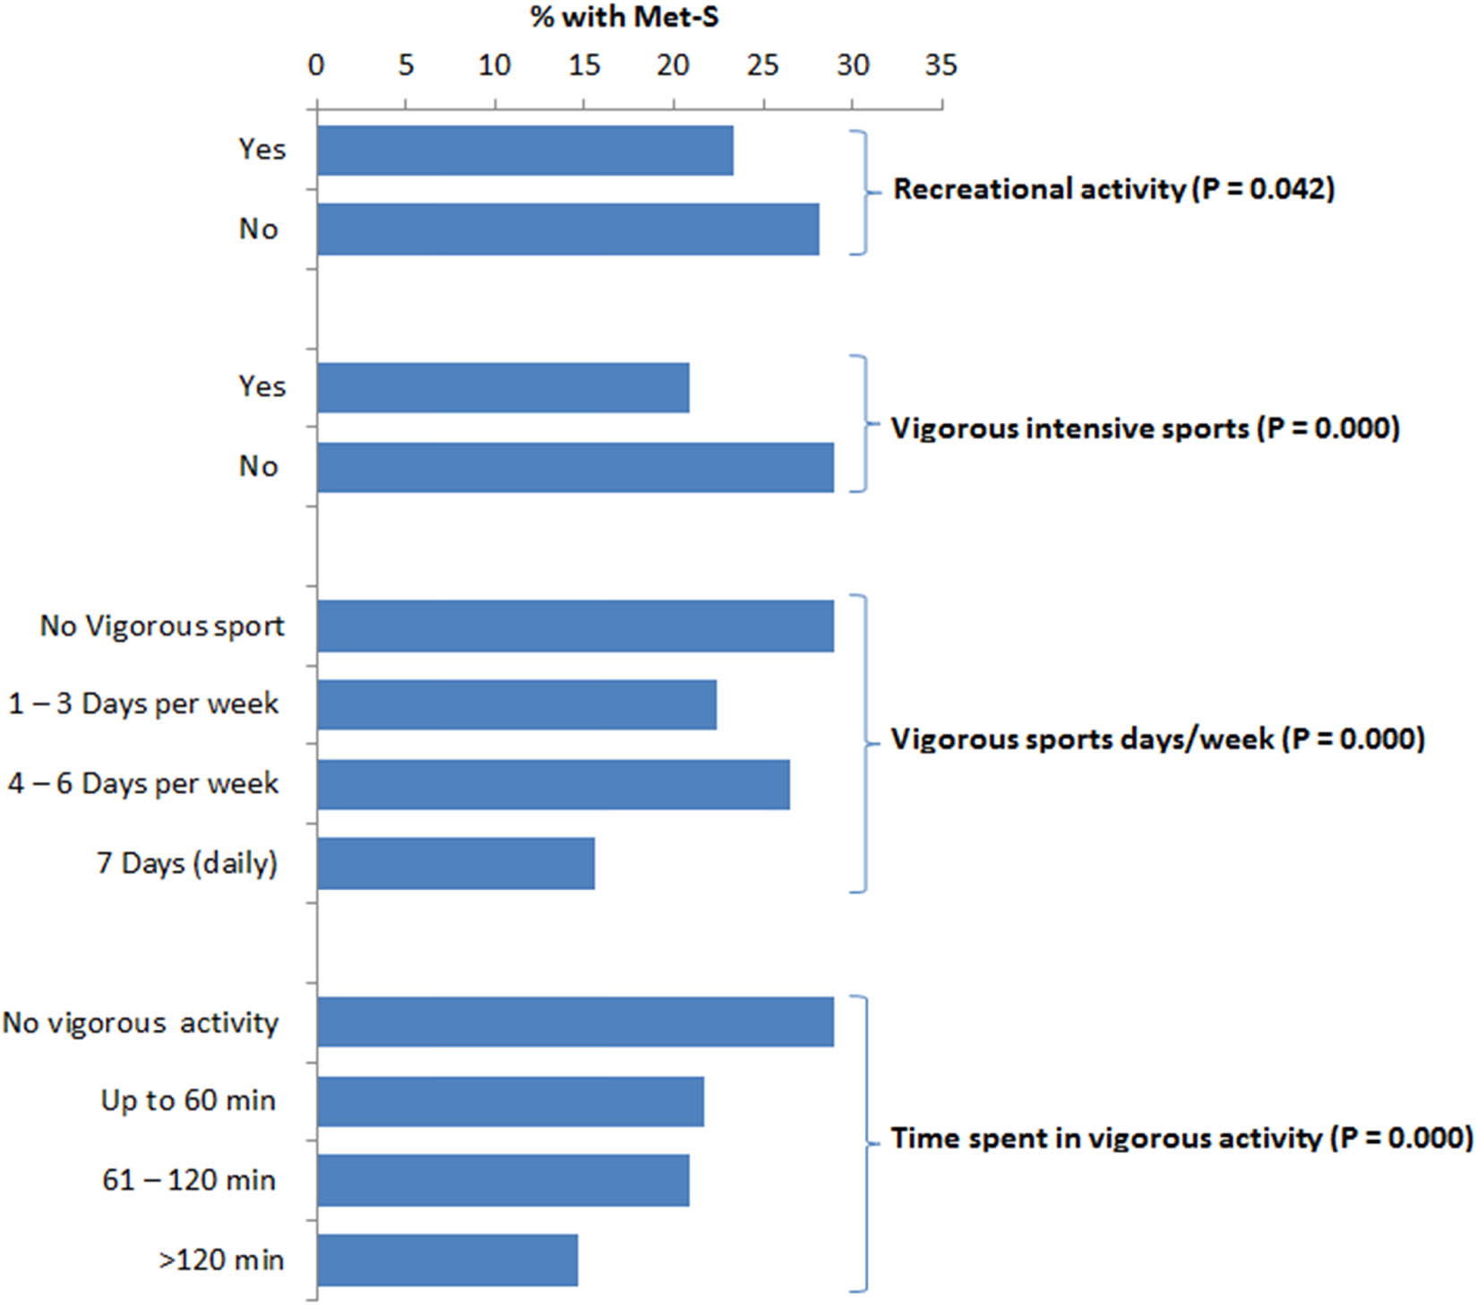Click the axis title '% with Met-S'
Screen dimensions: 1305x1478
tap(624, 17)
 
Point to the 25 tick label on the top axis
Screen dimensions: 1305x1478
tap(763, 65)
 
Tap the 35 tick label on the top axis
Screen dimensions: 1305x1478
tap(941, 65)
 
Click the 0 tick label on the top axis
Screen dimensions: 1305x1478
tap(315, 65)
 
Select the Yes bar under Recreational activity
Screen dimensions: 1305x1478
tap(525, 151)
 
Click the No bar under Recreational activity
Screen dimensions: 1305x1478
tap(568, 229)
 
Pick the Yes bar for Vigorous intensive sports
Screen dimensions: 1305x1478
tap(503, 388)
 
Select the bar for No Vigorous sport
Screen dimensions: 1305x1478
tap(575, 627)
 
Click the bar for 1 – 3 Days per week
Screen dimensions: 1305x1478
tap(516, 704)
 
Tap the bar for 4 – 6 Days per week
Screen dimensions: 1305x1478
tap(553, 784)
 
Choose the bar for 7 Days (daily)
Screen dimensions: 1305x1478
tap(455, 863)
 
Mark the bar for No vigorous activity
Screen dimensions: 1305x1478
tap(575, 1022)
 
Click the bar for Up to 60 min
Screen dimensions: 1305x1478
tap(510, 1101)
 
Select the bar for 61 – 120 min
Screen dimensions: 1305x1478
tap(503, 1180)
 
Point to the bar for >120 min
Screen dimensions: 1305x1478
tap(447, 1259)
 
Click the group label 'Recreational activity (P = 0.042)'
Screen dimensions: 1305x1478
tap(1113, 189)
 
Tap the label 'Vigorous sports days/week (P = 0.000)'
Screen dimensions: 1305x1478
tap(1156, 739)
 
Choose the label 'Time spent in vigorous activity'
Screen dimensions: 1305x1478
tap(1106, 1138)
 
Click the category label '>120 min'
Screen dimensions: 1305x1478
tap(221, 1260)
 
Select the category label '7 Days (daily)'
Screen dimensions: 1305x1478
tap(187, 863)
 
